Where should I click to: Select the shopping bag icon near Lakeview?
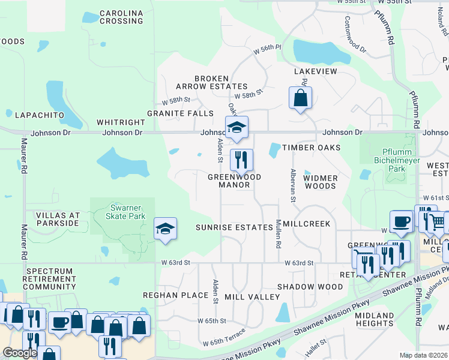tap(300, 98)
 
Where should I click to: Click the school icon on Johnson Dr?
tap(237, 127)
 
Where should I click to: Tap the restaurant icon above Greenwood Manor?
tap(241, 160)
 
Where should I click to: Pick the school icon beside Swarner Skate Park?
tap(165, 229)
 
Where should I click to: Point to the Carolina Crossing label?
tap(121, 17)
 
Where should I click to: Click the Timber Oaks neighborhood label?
tap(312, 148)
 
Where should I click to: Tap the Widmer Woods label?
tap(320, 182)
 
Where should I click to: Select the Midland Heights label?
tap(374, 320)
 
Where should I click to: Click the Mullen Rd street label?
tap(278, 234)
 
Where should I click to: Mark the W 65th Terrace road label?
tap(224, 338)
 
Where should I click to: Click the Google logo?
tap(19, 353)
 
